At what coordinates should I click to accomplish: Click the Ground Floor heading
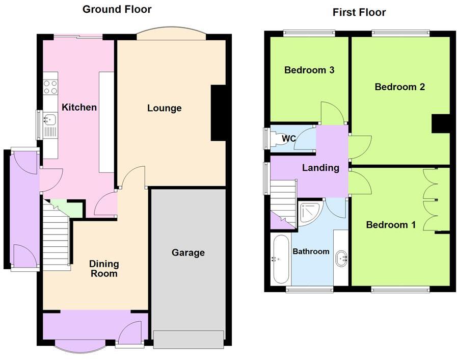[x=117, y=9]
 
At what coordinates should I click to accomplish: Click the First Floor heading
[x=359, y=12]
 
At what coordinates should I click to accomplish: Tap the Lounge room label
[x=164, y=108]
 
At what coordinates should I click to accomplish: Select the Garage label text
[x=187, y=252]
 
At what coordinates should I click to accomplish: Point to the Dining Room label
[x=104, y=269]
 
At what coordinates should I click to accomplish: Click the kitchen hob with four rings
[x=50, y=87]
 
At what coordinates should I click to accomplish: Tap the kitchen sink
[x=50, y=121]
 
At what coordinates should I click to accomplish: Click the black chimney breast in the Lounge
[x=219, y=113]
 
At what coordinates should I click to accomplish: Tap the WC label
[x=289, y=138]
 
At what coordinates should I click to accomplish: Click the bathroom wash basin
[x=341, y=259]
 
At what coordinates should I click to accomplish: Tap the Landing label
[x=320, y=167]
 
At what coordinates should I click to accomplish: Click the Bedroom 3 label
[x=309, y=70]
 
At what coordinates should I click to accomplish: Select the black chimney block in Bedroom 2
[x=440, y=124]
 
